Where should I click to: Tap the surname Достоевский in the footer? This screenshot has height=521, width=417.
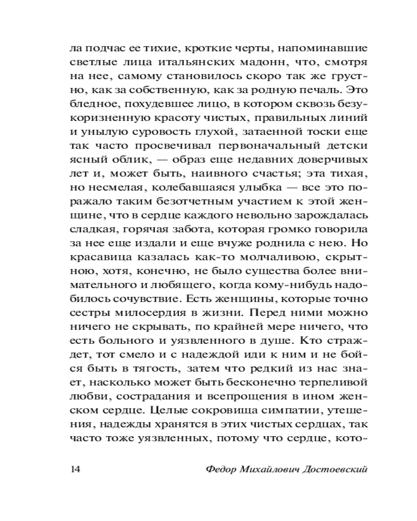pos(335,469)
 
